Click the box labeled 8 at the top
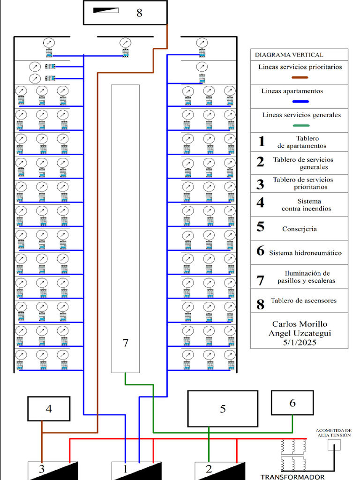(125, 13)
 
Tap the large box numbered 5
(223, 408)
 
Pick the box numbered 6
(292, 403)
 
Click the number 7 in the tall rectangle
(125, 343)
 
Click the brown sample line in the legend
(300, 77)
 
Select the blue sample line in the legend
(300, 102)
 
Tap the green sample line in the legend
(300, 126)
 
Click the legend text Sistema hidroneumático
(305, 253)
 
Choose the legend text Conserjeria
(300, 229)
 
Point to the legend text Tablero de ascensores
(303, 300)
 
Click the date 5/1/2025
(299, 343)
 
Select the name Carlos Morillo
(300, 324)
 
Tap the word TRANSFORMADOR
(292, 477)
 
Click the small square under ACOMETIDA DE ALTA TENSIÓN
(334, 444)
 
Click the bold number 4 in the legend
(261, 203)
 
